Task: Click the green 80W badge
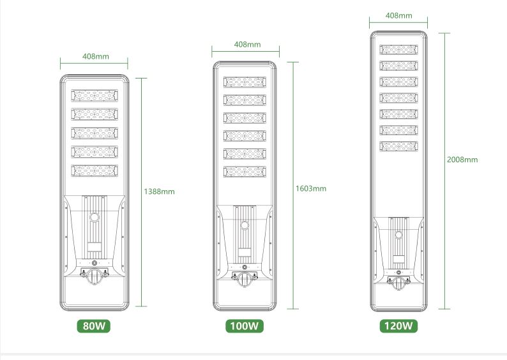point(93,326)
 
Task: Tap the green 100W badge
point(245,326)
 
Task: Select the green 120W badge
point(398,326)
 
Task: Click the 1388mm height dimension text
point(159,191)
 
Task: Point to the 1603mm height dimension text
point(311,188)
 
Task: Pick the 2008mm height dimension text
point(462,160)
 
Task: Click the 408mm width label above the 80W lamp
point(96,56)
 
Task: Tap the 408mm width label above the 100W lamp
point(247,44)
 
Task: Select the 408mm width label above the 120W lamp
point(398,15)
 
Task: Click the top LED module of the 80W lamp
point(95,96)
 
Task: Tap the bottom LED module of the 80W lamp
point(95,170)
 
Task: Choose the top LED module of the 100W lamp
point(245,82)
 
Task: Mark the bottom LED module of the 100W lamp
point(245,172)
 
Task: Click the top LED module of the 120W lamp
point(398,50)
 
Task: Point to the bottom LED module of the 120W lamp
point(398,146)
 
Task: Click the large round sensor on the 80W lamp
point(95,217)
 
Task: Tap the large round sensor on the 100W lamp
point(245,225)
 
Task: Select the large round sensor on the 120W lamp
point(398,235)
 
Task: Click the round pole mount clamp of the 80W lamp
point(95,276)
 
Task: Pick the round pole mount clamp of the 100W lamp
point(245,280)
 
